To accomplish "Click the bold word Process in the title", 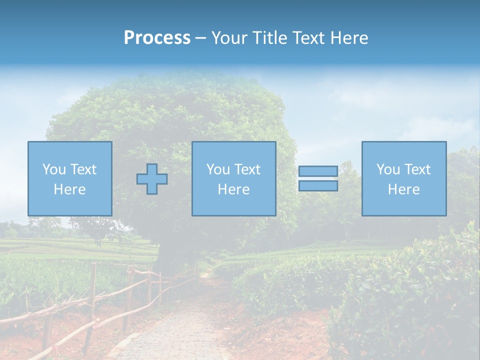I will [x=157, y=38].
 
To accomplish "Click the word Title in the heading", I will [x=270, y=38].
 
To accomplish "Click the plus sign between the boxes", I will [x=152, y=179].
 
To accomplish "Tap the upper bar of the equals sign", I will [x=318, y=171].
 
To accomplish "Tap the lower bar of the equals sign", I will [x=318, y=186].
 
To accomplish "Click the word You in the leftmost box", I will [x=54, y=169].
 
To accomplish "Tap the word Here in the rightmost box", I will [x=404, y=189].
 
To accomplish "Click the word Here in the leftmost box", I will [x=70, y=189].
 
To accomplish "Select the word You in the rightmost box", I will [x=388, y=169].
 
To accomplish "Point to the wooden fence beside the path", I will [x=92, y=300].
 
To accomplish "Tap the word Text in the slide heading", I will [x=309, y=38].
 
